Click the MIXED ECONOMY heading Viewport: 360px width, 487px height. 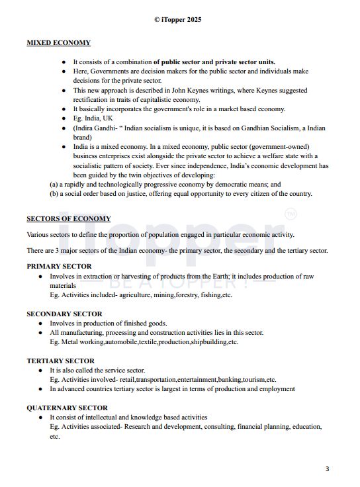[58, 43]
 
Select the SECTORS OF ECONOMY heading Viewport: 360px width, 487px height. [69, 218]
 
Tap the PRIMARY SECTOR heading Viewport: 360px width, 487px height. [59, 266]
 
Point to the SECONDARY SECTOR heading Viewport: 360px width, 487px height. [64, 314]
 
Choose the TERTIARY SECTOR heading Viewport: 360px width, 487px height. [60, 361]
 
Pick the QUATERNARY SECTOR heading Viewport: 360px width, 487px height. [67, 408]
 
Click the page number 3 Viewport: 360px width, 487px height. [327, 469]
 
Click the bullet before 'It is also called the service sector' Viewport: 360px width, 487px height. [41, 371]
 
